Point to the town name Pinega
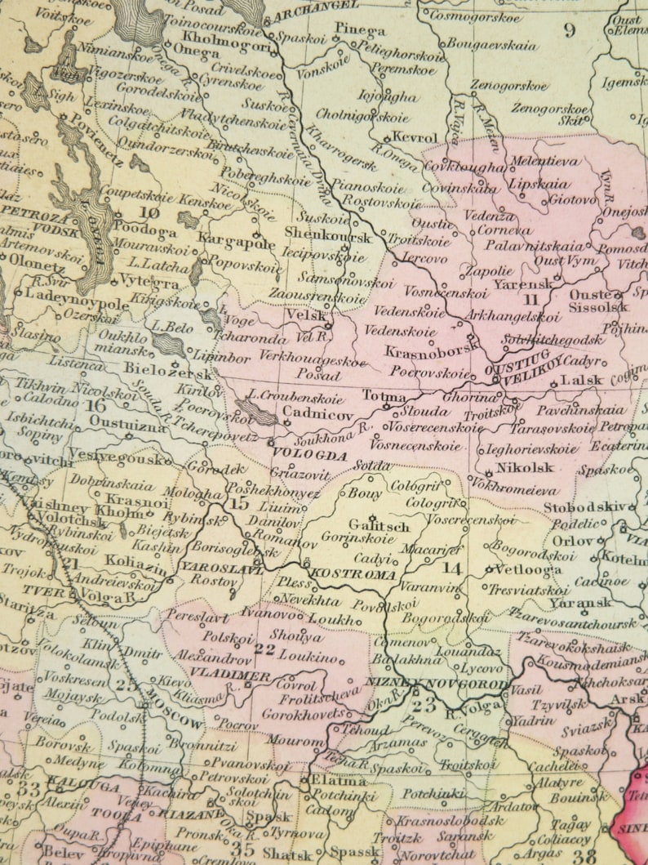coord(359,30)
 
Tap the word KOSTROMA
coord(353,573)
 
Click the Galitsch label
coord(378,527)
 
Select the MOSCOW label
coord(174,709)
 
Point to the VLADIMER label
coord(229,675)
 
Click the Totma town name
coord(384,396)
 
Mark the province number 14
coord(451,568)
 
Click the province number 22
coord(264,649)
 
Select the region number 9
coord(568,30)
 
